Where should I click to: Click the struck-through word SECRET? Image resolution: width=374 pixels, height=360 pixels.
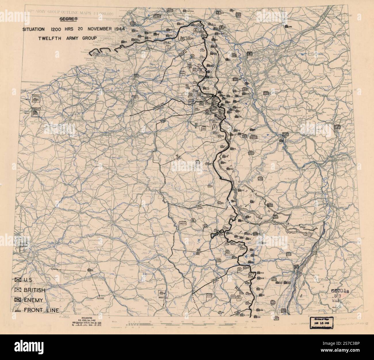68,20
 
